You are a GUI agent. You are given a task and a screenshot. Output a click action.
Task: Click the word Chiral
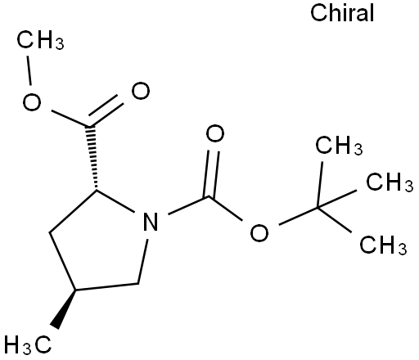click(x=342, y=13)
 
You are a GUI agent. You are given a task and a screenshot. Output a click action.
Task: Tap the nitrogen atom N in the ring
click(x=151, y=221)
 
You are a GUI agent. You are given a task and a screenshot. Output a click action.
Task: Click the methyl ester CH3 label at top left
click(x=40, y=40)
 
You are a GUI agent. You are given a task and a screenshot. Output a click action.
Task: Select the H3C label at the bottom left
click(x=28, y=344)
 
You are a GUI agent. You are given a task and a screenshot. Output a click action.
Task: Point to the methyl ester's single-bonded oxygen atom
click(x=32, y=101)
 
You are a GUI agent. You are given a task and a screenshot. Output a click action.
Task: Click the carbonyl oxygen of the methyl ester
click(x=141, y=91)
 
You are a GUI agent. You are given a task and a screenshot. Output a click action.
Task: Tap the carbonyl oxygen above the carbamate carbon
click(x=215, y=133)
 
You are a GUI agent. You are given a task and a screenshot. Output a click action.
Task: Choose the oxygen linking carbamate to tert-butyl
click(x=259, y=233)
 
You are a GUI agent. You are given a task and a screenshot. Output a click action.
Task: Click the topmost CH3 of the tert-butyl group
click(x=339, y=146)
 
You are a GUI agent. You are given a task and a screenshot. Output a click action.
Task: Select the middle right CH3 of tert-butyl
click(x=390, y=182)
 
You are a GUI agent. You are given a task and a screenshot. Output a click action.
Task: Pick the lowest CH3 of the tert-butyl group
click(x=383, y=245)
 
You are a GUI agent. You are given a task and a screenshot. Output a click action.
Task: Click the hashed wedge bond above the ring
click(x=92, y=158)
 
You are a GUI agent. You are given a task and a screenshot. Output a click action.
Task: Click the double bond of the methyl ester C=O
click(x=106, y=111)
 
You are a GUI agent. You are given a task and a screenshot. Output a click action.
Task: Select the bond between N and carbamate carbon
click(x=188, y=205)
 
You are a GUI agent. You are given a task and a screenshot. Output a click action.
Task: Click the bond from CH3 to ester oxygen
click(x=29, y=70)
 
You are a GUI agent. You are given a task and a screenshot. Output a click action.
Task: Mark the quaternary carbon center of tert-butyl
click(x=318, y=208)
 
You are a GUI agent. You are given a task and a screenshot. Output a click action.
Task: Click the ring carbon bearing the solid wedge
click(x=75, y=290)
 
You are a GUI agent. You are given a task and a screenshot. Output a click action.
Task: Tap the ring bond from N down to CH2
click(x=143, y=262)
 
